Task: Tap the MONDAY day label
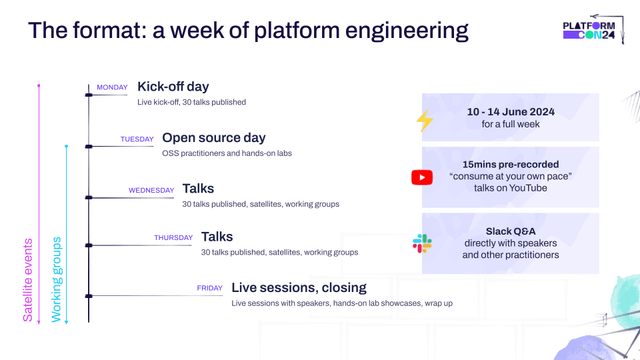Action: pos(112,87)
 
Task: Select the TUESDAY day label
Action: pos(137,139)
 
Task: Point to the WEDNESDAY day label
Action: pos(151,190)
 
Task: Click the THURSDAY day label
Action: pos(173,237)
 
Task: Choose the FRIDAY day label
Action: pos(209,289)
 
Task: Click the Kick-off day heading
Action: pos(173,87)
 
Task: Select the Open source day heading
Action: pos(214,138)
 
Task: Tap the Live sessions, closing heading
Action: pos(299,288)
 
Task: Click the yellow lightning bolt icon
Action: pos(425,121)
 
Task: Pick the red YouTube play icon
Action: pos(422,177)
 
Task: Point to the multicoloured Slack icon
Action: pos(422,243)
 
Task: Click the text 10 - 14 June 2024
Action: pos(511,112)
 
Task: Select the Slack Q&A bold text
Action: pos(511,231)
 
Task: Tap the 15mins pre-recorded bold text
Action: pos(511,164)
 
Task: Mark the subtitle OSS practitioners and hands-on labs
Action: pos(227,153)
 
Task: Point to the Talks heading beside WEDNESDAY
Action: pos(198,189)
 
